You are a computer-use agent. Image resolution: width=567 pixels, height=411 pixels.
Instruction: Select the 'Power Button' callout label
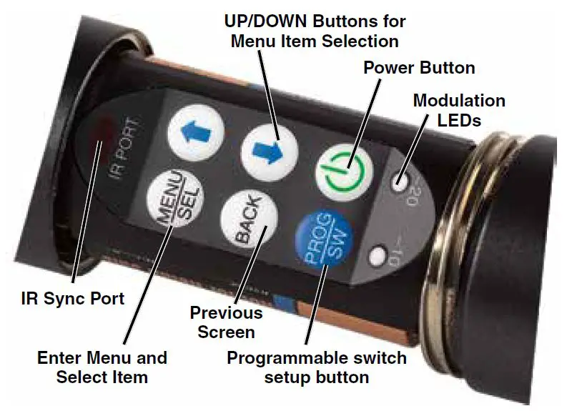(x=419, y=68)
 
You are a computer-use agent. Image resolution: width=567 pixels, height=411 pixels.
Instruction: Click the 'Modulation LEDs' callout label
(x=459, y=111)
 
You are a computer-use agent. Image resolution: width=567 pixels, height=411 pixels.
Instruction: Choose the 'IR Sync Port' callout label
(x=72, y=297)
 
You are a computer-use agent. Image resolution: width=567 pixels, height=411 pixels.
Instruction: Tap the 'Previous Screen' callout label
(x=226, y=322)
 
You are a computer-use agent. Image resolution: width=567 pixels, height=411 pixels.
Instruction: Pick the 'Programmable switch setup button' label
(x=317, y=367)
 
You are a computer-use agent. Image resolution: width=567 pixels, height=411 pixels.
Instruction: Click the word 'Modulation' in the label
(x=459, y=101)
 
